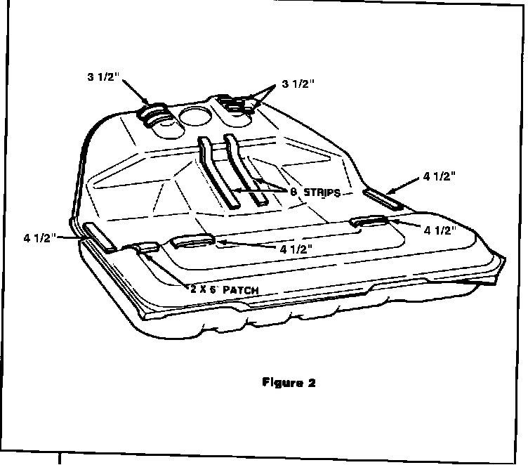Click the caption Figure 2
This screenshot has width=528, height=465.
coord(289,383)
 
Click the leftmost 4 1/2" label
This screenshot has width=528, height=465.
coord(39,237)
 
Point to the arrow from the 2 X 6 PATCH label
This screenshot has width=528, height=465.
coord(169,270)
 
